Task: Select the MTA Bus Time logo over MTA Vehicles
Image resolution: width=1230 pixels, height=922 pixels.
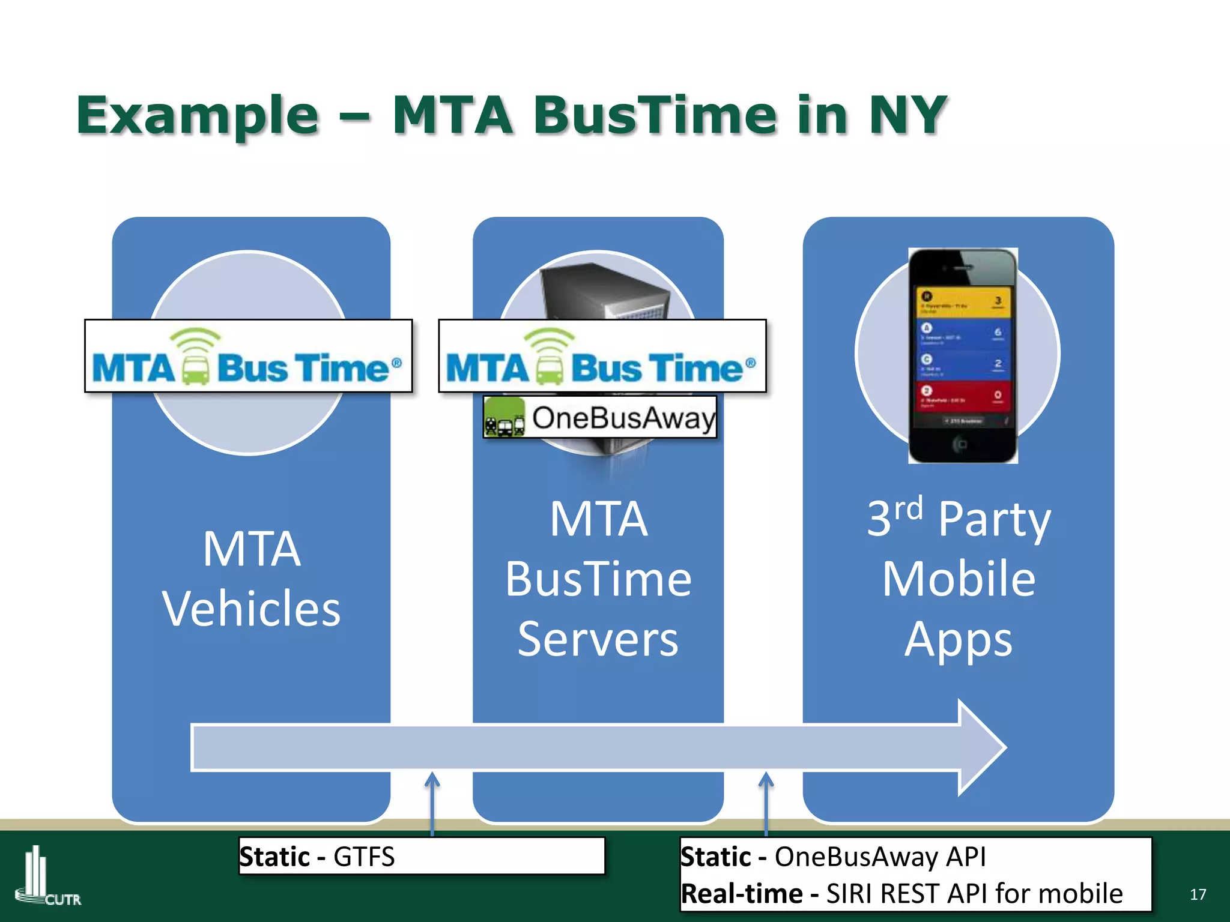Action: [248, 357]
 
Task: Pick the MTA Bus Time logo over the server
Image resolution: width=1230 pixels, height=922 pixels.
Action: [602, 357]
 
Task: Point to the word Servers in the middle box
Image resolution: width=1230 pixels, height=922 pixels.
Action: [598, 639]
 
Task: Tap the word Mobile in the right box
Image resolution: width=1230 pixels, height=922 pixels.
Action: [959, 579]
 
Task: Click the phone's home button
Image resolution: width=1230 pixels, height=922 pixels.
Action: [961, 444]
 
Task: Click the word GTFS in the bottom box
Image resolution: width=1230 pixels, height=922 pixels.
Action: [364, 857]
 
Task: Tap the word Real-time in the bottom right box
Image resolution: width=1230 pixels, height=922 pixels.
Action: [741, 894]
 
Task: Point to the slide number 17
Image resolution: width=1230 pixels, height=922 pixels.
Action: [1197, 894]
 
